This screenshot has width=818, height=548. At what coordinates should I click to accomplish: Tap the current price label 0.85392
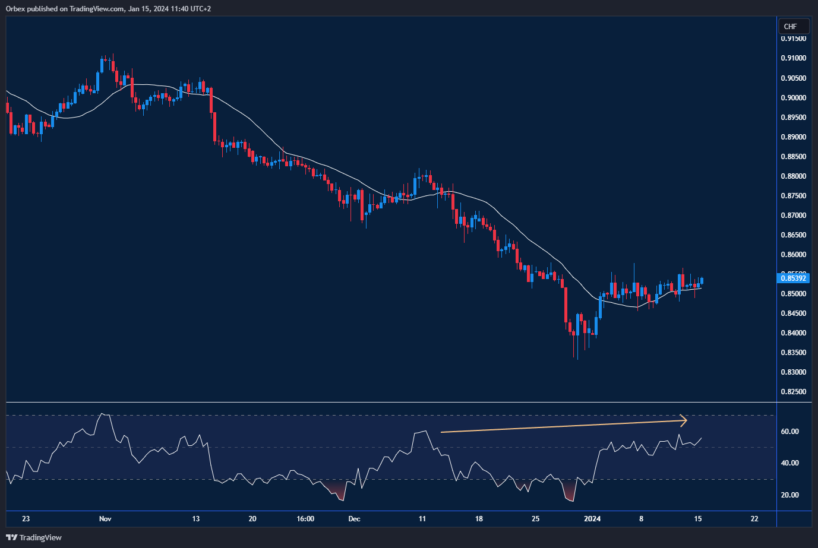pyautogui.click(x=793, y=278)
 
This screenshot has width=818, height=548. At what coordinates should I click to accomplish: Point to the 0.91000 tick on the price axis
pyautogui.click(x=793, y=58)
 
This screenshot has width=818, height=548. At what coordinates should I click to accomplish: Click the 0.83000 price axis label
pyautogui.click(x=793, y=372)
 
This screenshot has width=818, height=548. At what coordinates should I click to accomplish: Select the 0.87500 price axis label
pyautogui.click(x=793, y=196)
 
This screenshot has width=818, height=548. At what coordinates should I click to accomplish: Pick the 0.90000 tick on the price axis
pyautogui.click(x=793, y=98)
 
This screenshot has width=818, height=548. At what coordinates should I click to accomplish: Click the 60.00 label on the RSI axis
pyautogui.click(x=789, y=432)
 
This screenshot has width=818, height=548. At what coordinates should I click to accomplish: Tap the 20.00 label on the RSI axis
pyautogui.click(x=789, y=495)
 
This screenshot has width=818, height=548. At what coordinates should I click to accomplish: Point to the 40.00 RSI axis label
pyautogui.click(x=789, y=463)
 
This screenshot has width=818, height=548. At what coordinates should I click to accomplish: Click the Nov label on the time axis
pyautogui.click(x=105, y=519)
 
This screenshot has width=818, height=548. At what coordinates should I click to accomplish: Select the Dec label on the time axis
pyautogui.click(x=354, y=519)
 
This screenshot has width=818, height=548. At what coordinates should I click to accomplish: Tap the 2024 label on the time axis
pyautogui.click(x=592, y=519)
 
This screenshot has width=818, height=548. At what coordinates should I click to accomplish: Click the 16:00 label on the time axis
pyautogui.click(x=305, y=519)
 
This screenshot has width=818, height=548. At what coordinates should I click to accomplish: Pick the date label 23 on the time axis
pyautogui.click(x=26, y=519)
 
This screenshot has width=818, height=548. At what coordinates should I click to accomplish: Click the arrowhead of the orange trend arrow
pyautogui.click(x=684, y=420)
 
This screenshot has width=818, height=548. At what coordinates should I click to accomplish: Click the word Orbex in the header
pyautogui.click(x=15, y=9)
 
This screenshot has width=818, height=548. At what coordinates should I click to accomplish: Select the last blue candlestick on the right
pyautogui.click(x=702, y=281)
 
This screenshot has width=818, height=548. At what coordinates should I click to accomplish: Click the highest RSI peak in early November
pyautogui.click(x=104, y=414)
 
